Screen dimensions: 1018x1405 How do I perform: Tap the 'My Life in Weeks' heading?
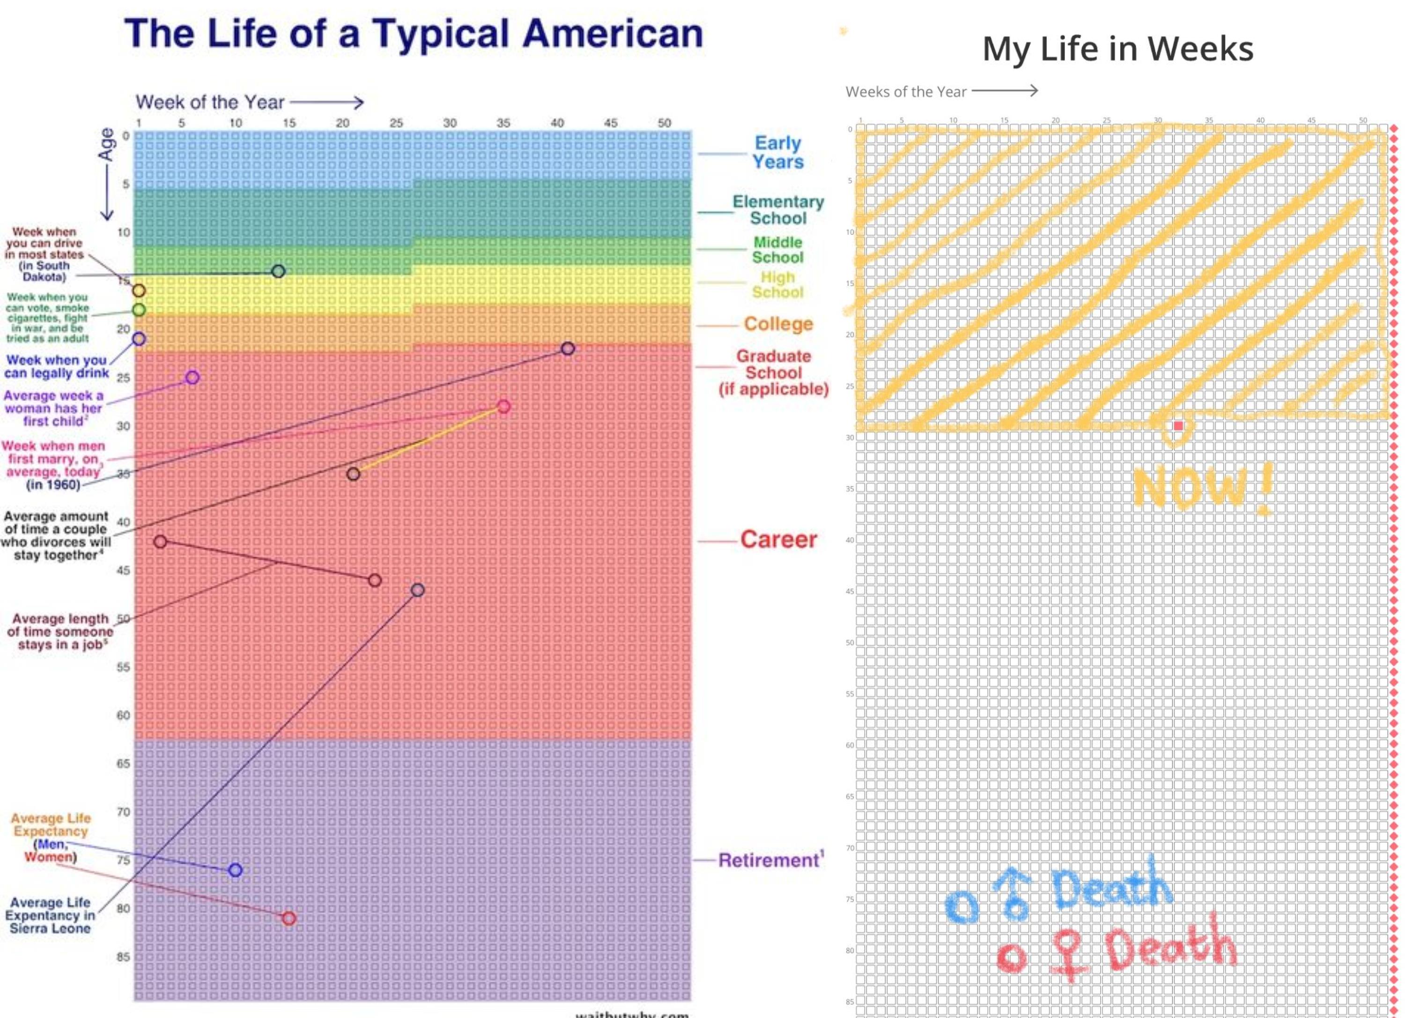point(1117,48)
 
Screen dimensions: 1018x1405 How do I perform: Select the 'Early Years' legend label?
point(777,152)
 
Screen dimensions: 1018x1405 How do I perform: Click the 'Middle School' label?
point(777,250)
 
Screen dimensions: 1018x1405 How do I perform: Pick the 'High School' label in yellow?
point(777,284)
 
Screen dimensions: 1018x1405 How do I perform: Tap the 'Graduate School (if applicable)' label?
point(773,372)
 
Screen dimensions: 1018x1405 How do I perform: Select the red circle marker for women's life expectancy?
point(288,918)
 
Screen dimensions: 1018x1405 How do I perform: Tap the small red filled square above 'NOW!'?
point(1178,426)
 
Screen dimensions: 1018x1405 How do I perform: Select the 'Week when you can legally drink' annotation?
point(56,366)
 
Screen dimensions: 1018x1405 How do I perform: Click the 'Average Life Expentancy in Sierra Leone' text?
point(50,915)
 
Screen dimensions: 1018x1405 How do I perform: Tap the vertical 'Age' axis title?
point(107,144)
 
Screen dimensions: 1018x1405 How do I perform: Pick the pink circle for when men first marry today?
point(503,407)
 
